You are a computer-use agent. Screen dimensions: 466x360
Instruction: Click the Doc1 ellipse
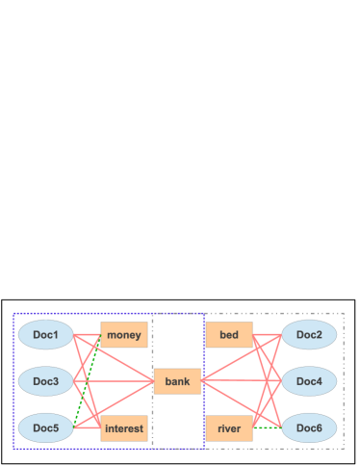[46, 335]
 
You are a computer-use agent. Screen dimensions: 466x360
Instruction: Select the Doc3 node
[46, 381]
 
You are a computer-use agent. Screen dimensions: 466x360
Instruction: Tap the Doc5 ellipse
[46, 427]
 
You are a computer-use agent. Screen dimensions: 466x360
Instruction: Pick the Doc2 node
[309, 335]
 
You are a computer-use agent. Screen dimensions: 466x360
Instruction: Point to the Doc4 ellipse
[309, 381]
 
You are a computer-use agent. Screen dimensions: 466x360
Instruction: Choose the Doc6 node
[309, 427]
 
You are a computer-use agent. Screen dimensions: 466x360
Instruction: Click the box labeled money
[124, 335]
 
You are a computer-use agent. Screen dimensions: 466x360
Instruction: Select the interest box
[124, 428]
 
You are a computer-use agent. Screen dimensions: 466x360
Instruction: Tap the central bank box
[177, 381]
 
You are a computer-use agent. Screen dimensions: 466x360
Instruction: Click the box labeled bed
[229, 335]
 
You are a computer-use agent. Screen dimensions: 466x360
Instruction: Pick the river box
[229, 428]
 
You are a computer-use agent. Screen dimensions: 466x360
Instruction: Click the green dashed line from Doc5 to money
[88, 381]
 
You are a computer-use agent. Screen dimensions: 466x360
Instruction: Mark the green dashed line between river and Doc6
[267, 427]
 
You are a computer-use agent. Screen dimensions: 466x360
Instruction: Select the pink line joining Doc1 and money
[88, 335]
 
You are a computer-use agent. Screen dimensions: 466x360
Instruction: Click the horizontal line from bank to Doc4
[241, 381]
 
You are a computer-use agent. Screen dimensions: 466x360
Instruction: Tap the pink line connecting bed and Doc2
[267, 335]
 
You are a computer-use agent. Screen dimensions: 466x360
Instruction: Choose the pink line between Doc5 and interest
[88, 427]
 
